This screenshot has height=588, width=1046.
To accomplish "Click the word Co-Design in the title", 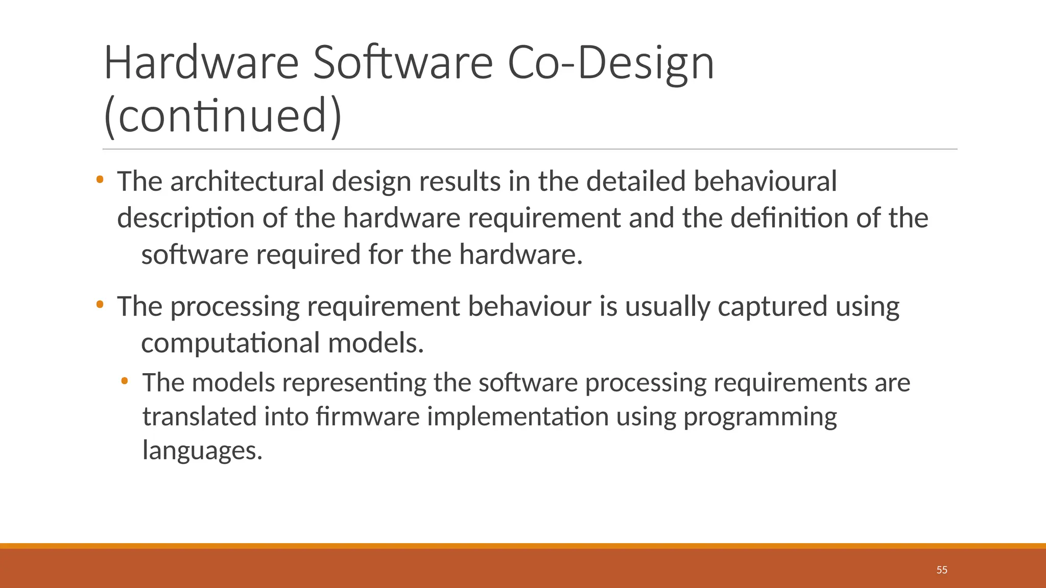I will [611, 63].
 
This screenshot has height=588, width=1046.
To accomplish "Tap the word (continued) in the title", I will [223, 116].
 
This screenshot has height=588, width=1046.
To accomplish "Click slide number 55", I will [942, 570].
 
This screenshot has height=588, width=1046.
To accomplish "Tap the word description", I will [186, 219].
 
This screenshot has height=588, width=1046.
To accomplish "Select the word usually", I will [668, 307].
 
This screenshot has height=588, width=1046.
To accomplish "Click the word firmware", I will [368, 416].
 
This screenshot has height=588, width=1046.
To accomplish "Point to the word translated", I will [199, 416].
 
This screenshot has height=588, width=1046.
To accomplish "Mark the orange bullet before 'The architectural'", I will [100, 180].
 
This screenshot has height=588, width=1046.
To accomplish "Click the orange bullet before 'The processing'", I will [100, 305].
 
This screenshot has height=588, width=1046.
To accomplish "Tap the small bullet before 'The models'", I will [125, 381].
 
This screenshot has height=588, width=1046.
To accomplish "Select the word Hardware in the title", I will [201, 63].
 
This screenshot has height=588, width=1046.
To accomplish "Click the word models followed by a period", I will [376, 343].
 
